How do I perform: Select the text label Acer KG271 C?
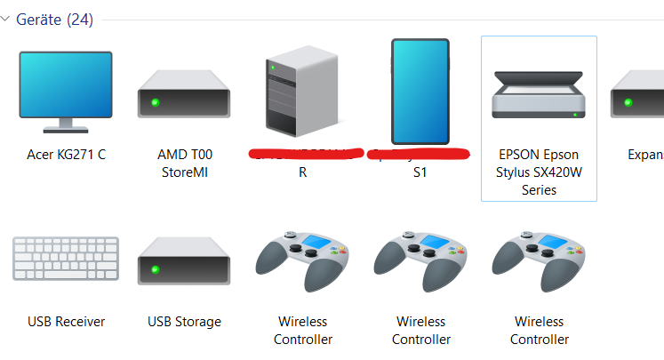[x=66, y=155]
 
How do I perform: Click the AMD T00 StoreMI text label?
[x=184, y=164]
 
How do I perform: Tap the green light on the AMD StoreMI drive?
[x=155, y=104]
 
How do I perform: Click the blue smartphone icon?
[x=420, y=92]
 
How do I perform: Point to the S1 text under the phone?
[x=420, y=172]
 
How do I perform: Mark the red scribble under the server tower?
[x=307, y=155]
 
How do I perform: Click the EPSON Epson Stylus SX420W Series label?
[x=539, y=172]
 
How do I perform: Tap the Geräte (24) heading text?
[x=54, y=20]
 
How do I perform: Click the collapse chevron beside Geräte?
[x=6, y=20]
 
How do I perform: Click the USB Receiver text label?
[x=66, y=322]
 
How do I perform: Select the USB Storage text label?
[x=184, y=322]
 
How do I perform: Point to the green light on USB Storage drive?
[x=155, y=271]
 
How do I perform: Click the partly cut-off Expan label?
[x=645, y=155]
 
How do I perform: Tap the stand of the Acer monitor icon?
[x=66, y=124]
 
